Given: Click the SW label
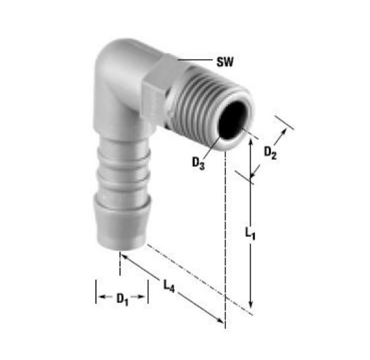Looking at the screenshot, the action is [x=225, y=62].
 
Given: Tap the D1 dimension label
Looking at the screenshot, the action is [x=122, y=299].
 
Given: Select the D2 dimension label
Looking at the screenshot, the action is [x=270, y=153].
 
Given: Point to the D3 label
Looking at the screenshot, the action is [x=198, y=164].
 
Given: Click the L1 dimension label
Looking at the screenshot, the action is [x=250, y=233].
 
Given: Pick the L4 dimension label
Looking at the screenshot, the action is [x=169, y=286].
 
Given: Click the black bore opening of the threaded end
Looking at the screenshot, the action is [x=232, y=120].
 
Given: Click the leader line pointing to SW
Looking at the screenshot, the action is [x=195, y=60].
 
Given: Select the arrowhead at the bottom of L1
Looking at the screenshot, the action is [x=251, y=305].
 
